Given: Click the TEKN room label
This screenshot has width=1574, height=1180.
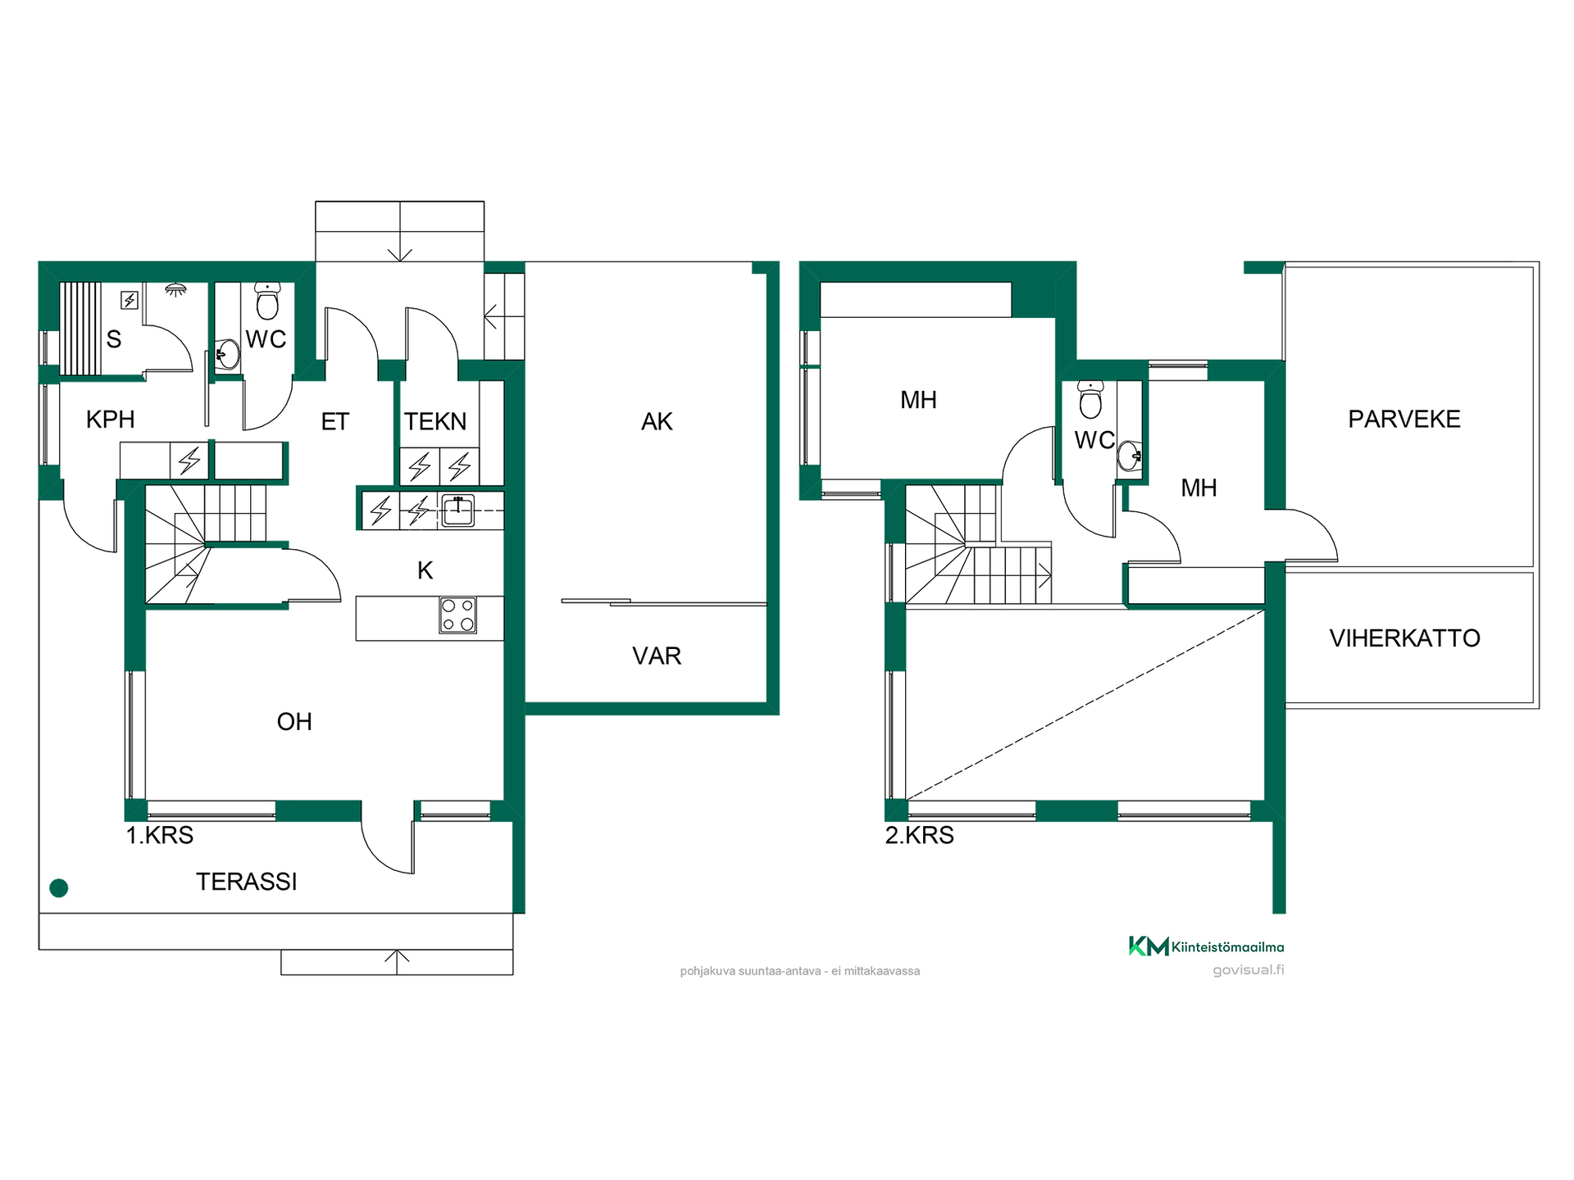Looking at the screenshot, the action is tap(435, 421).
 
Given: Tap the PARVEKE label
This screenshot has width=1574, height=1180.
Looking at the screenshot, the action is tap(1404, 420).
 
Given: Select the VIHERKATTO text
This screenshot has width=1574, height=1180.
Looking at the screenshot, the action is tap(1405, 638).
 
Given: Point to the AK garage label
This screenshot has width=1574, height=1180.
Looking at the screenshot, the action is tap(657, 422).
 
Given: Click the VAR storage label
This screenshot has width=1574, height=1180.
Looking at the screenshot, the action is tap(657, 656).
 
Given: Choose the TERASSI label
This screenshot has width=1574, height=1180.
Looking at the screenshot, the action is tap(247, 882).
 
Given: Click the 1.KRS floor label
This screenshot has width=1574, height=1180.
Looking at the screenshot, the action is tap(160, 836).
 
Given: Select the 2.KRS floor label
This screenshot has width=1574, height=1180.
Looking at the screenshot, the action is tap(920, 836).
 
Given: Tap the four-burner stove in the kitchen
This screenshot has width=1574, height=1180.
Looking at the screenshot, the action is tap(458, 615).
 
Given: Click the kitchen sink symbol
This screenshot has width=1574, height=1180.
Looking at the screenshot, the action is tap(458, 511).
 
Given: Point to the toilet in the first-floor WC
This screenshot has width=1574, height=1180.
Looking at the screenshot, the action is tap(267, 301).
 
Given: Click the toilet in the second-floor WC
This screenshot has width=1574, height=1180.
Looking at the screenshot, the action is tap(1090, 399).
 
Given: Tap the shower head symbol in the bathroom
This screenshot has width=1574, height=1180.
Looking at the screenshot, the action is tap(175, 289).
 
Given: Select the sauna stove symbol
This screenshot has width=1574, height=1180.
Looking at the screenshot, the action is tap(130, 301).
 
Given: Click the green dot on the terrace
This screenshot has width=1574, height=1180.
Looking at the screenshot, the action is tap(59, 887).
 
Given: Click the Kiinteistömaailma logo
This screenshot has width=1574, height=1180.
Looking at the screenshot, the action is tap(1207, 946).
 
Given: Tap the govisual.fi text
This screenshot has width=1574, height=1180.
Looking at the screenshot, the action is tap(1249, 970).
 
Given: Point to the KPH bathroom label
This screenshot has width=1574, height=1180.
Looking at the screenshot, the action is tap(111, 420).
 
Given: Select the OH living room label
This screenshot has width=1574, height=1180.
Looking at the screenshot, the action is tap(294, 722).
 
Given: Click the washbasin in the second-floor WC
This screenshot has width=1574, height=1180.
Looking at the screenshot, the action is tap(1130, 456).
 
